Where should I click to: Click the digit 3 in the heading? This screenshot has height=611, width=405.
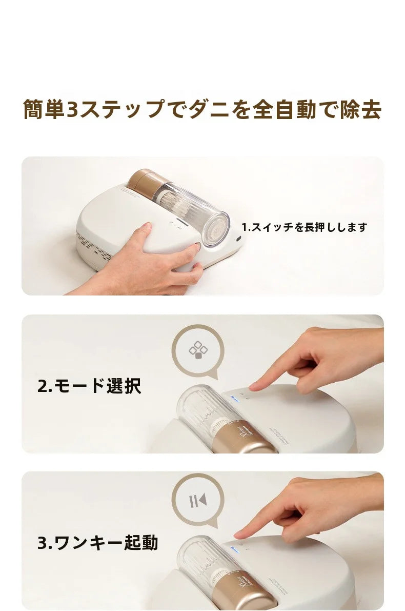72,109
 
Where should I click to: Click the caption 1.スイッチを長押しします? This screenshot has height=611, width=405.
304,227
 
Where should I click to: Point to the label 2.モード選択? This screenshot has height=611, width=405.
89,386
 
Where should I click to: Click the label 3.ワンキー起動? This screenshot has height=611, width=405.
98,542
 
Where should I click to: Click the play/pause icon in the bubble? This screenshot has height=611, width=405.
198,501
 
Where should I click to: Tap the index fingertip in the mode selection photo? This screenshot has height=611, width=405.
253,386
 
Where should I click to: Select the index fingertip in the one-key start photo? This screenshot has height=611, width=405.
239,535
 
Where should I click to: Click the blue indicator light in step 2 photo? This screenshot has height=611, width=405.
235,398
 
